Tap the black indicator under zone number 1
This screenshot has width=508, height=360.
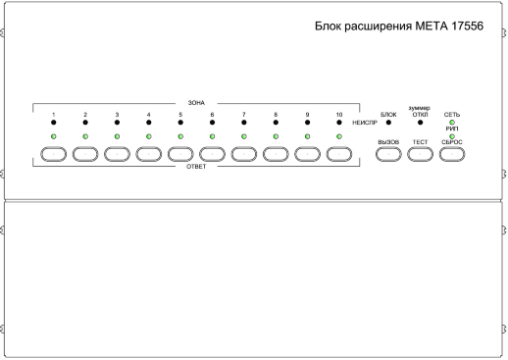tap(54, 125)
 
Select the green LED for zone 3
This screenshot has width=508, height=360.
tap(117, 136)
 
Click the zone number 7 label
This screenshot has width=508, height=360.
tap(244, 115)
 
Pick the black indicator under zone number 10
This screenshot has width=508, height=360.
tap(339, 125)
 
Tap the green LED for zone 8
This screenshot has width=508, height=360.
tap(276, 136)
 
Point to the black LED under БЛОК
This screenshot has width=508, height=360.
tap(388, 125)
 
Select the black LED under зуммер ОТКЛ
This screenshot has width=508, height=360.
tap(420, 125)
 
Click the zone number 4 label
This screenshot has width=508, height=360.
tap(149, 115)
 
